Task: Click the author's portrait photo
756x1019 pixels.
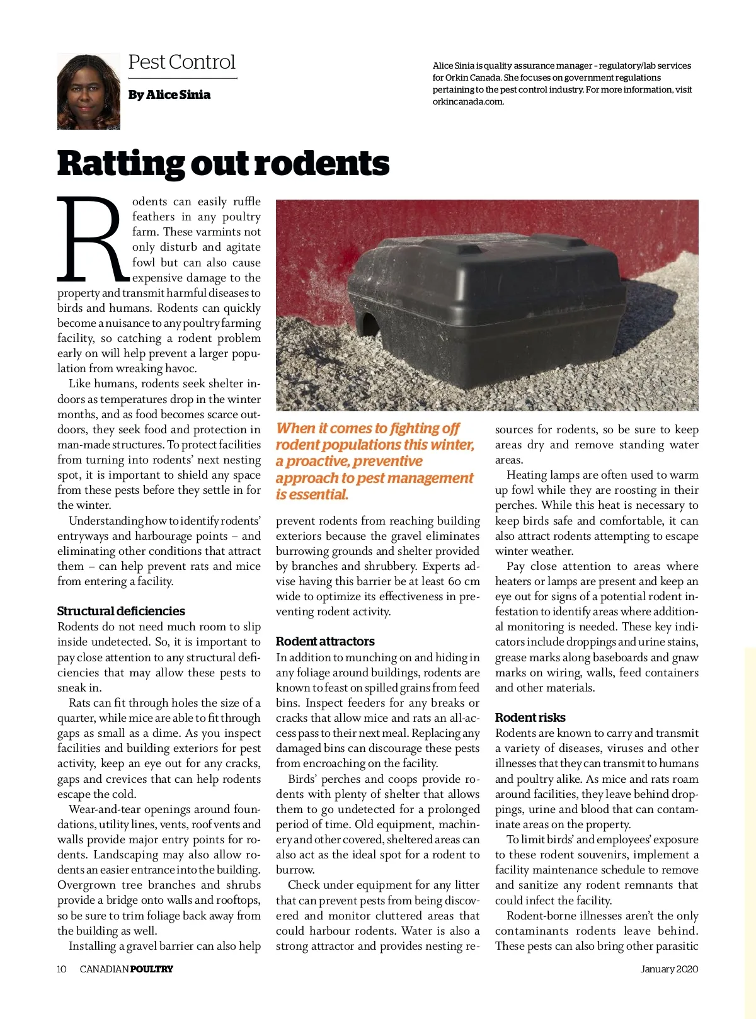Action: [x=88, y=91]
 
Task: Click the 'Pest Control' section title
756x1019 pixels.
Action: [x=181, y=62]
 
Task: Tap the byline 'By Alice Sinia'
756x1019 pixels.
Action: [x=169, y=94]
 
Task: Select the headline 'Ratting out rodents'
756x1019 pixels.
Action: [x=223, y=162]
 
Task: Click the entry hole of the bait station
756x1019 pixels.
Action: [x=365, y=324]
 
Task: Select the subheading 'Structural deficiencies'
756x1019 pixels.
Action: [x=121, y=611]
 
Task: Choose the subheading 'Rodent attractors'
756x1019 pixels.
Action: [x=325, y=641]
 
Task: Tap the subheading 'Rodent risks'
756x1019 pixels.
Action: [x=530, y=717]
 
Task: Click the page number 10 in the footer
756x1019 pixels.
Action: [x=62, y=969]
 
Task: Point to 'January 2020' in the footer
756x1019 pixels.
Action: [x=669, y=969]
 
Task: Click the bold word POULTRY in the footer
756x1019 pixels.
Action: [x=151, y=969]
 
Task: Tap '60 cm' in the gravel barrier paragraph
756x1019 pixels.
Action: [x=464, y=581]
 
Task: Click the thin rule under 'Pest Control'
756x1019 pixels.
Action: [x=183, y=79]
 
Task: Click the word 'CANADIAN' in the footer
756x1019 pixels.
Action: [x=104, y=969]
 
